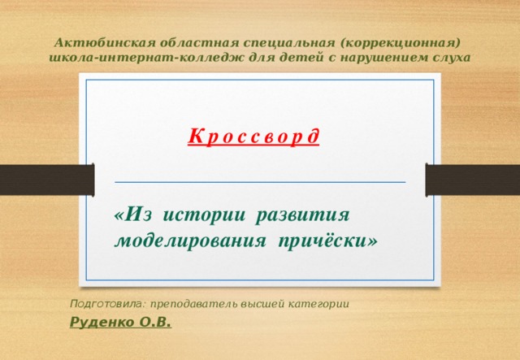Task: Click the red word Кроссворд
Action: [253, 136]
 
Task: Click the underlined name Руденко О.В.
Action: [121, 323]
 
